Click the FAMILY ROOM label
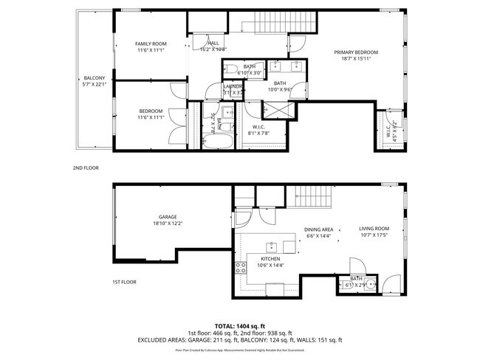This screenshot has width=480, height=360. click(x=149, y=44)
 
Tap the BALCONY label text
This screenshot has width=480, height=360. click(x=95, y=78)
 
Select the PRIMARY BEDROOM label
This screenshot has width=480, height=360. click(x=355, y=52)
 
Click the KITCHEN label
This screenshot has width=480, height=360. click(x=268, y=260)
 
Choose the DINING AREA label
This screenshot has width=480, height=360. click(x=319, y=229)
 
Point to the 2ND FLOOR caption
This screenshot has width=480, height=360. click(x=86, y=168)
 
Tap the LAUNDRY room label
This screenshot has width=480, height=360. click(x=233, y=87)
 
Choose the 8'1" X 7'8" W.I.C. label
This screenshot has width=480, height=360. click(x=258, y=130)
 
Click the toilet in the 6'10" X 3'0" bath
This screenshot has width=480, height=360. click(x=230, y=70)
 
